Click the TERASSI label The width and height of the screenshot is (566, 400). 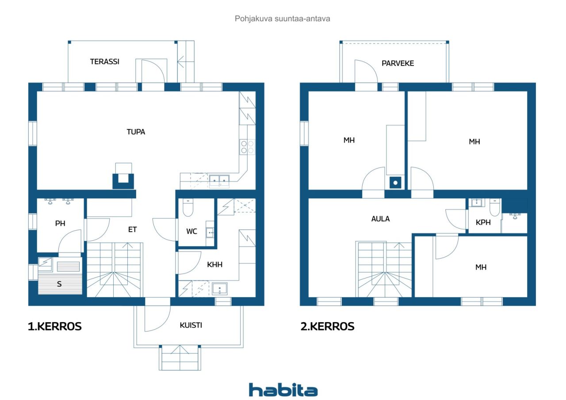(105, 61)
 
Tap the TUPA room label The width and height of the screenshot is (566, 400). (136, 132)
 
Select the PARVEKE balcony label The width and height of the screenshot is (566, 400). (398, 63)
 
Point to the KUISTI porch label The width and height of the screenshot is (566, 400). (191, 325)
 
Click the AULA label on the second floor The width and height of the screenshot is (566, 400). (381, 219)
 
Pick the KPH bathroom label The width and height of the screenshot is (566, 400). (483, 222)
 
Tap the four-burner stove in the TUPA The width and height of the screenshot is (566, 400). (247, 147)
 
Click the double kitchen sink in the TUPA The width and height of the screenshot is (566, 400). (219, 181)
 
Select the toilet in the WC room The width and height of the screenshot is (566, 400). (188, 208)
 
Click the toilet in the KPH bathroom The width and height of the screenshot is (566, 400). (495, 207)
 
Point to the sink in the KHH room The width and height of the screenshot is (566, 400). (220, 289)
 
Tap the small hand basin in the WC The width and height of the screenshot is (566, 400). (210, 232)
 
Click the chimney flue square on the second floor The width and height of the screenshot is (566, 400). (395, 183)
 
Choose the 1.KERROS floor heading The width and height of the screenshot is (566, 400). (54, 327)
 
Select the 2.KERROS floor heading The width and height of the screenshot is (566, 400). (328, 327)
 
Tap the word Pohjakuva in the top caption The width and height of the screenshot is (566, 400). (253, 19)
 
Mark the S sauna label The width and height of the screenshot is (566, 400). (59, 284)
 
